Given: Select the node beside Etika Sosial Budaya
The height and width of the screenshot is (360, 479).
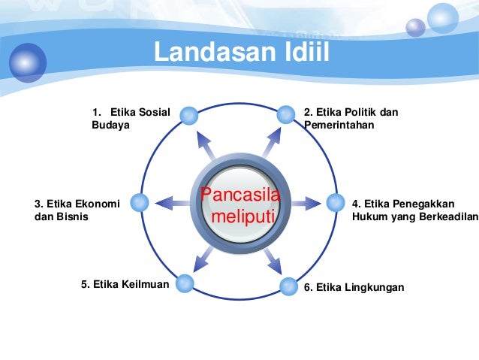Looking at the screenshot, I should click(x=190, y=116).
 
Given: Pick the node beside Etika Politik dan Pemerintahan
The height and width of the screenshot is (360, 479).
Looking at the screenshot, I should click(x=285, y=115).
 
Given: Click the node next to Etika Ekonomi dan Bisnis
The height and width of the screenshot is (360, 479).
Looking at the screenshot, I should click(x=138, y=202).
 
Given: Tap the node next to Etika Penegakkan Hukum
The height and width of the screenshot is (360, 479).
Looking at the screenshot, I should click(x=335, y=202).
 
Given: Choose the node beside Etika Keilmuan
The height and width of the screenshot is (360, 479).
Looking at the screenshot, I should click(x=184, y=284).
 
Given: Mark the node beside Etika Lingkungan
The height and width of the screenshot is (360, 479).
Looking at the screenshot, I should click(x=290, y=286).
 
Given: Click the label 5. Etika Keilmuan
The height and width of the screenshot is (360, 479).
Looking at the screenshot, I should click(x=125, y=284).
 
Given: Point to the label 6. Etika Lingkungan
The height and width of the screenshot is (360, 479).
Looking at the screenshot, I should click(x=354, y=287).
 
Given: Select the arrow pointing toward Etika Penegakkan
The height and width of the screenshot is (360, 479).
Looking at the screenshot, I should click(x=306, y=202).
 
